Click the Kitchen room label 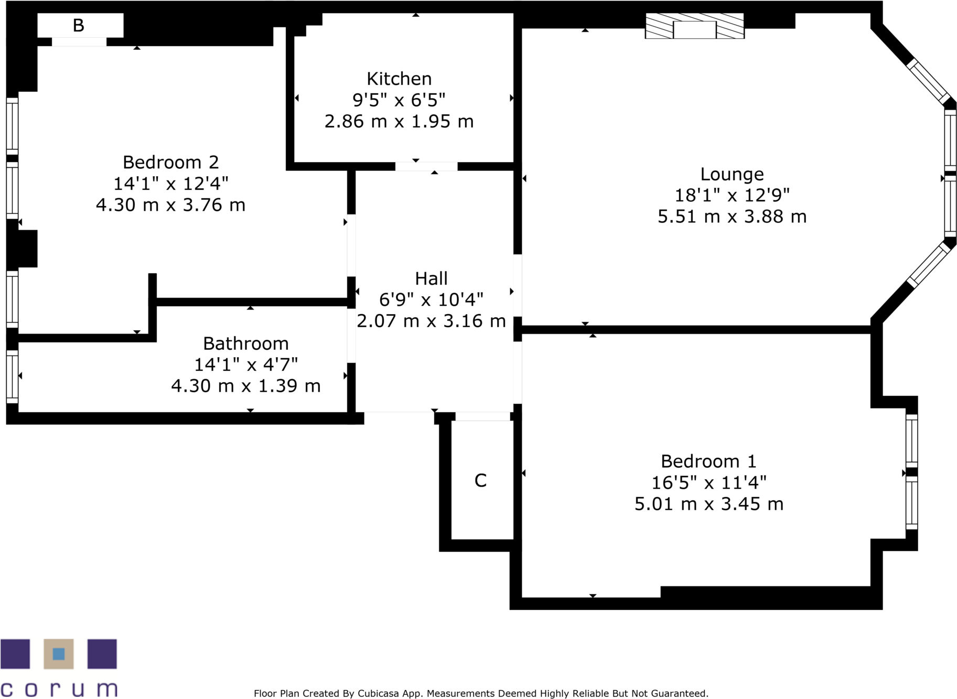(399, 79)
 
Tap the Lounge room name (732, 174)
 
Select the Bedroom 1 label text (708, 461)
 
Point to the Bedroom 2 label (170, 162)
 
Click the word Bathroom (245, 343)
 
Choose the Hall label (431, 278)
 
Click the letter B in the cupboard (79, 25)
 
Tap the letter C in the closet (480, 480)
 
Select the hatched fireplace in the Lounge (694, 26)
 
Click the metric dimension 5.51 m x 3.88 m (732, 217)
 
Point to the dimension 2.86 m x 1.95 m (399, 122)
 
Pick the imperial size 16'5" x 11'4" (708, 482)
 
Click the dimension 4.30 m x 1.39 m (245, 386)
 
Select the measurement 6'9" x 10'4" (431, 299)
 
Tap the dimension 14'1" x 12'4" (170, 184)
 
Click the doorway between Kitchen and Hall (426, 167)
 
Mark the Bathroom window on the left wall (12, 376)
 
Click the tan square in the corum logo (59, 653)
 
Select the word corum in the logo (59, 689)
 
